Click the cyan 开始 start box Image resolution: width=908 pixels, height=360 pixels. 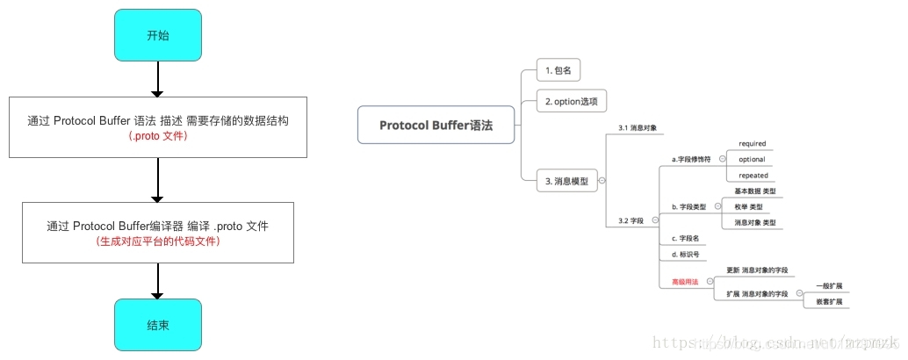click(x=158, y=35)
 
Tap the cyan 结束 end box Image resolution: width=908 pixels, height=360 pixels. click(x=158, y=325)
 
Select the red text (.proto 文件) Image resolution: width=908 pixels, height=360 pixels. click(x=158, y=137)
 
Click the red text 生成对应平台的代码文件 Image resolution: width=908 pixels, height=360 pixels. click(x=158, y=241)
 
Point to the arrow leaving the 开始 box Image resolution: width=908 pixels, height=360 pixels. click(x=158, y=79)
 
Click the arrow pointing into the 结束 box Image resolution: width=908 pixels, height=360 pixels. click(x=158, y=281)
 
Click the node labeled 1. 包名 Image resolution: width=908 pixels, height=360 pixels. click(x=558, y=69)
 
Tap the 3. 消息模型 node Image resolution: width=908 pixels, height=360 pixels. click(x=566, y=182)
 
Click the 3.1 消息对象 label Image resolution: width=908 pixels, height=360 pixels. click(x=638, y=128)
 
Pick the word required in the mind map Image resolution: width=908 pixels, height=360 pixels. click(x=753, y=143)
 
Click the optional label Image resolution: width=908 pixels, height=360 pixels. click(x=752, y=159)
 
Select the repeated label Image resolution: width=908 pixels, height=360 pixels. click(x=753, y=175)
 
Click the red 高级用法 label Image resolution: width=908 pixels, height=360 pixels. click(x=685, y=281)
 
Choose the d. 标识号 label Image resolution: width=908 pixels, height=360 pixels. click(x=685, y=255)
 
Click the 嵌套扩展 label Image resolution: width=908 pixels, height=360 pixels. click(x=828, y=301)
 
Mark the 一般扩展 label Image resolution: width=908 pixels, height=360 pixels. click(x=828, y=286)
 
